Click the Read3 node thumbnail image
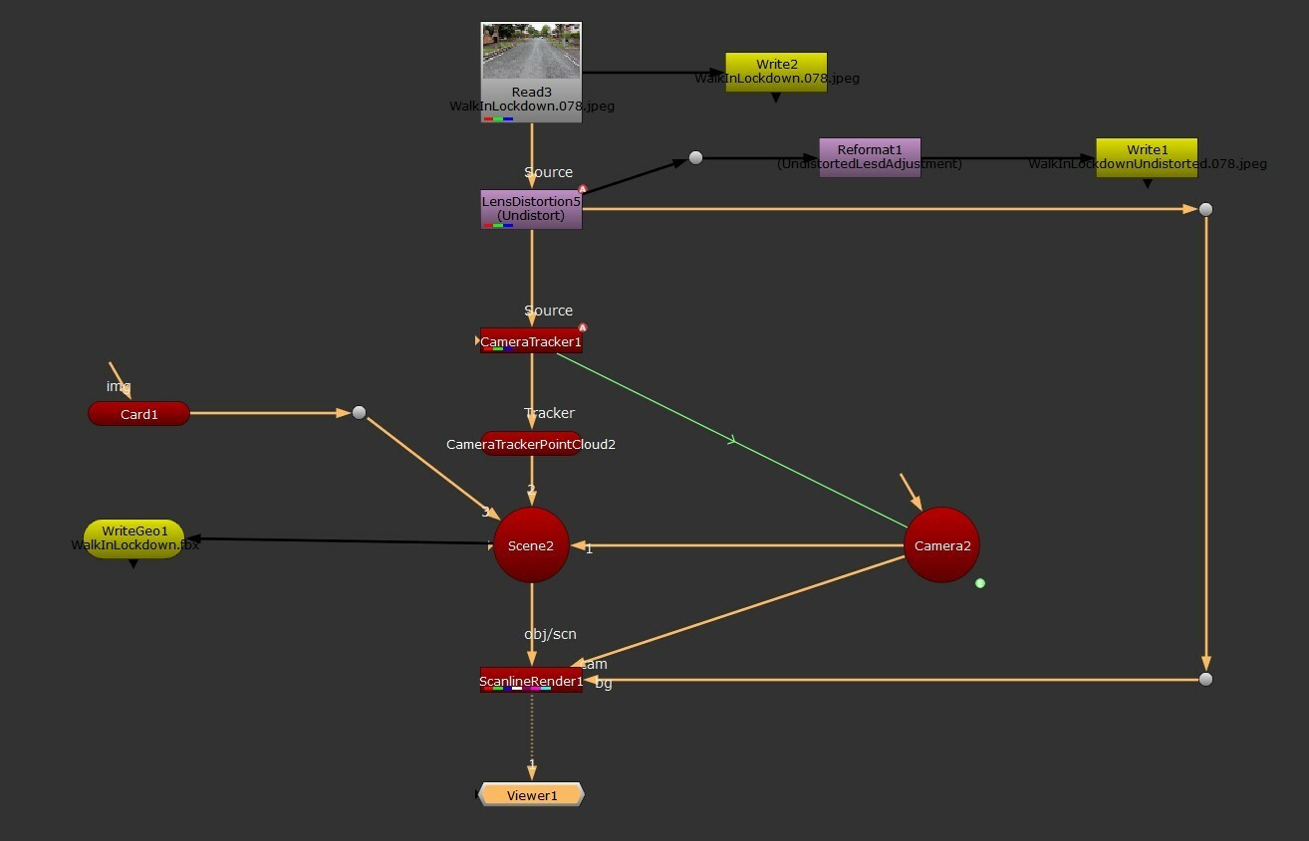(531, 51)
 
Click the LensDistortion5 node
(531, 209)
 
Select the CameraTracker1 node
(531, 341)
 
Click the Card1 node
(138, 414)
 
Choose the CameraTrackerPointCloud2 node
(531, 444)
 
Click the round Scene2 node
(531, 545)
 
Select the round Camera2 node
(941, 545)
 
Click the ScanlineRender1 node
(531, 681)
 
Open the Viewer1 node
(531, 795)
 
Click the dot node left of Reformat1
(695, 158)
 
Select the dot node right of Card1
(359, 412)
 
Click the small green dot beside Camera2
(980, 583)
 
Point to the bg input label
(604, 684)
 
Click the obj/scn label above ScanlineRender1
(550, 634)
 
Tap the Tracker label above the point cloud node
(550, 413)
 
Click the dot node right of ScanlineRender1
(1205, 679)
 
